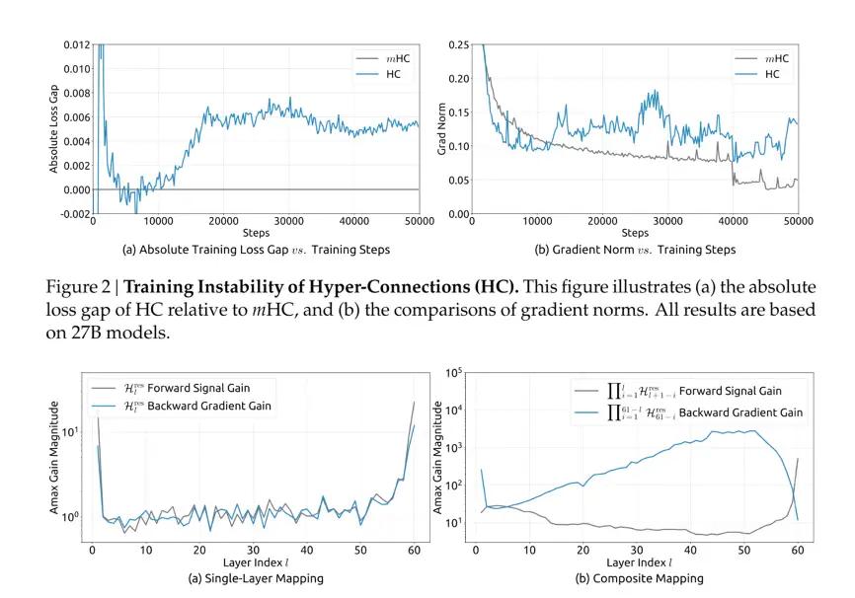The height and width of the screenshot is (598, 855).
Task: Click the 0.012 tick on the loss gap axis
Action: click(x=75, y=44)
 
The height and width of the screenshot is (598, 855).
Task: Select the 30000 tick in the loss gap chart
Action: click(x=287, y=222)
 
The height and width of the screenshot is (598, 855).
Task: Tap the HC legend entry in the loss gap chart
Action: click(x=386, y=74)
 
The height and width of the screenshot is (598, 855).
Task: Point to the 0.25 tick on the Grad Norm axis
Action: click(x=457, y=44)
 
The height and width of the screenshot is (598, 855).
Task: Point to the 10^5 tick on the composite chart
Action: click(x=455, y=373)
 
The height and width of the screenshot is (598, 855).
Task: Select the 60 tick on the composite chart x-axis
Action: click(x=797, y=549)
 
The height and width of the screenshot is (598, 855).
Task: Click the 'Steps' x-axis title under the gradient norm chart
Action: click(x=636, y=234)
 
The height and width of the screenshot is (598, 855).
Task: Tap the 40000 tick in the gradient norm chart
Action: click(x=733, y=222)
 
